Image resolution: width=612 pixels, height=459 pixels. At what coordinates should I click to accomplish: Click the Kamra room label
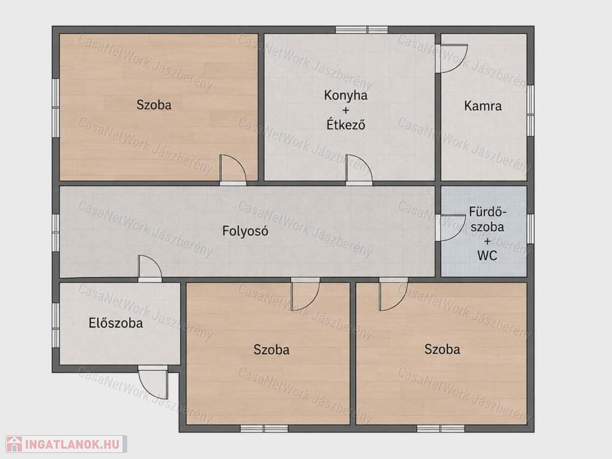click(483, 106)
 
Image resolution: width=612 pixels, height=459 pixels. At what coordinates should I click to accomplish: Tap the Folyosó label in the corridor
click(245, 231)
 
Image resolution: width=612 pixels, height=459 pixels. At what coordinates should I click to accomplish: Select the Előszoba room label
click(116, 323)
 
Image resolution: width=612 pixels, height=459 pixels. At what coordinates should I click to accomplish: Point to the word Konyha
click(345, 95)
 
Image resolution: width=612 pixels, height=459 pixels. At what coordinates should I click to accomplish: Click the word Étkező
click(345, 124)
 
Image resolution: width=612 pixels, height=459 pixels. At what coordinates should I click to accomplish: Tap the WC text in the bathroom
click(487, 256)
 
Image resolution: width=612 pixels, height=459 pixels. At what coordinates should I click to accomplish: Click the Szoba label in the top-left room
click(154, 105)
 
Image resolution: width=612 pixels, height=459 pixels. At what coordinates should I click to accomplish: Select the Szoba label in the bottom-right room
click(442, 349)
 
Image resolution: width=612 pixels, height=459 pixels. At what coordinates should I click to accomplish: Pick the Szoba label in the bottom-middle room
click(271, 349)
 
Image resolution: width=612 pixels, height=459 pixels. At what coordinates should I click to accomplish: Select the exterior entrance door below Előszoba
click(152, 382)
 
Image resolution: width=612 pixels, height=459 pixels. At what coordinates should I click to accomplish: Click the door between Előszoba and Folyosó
click(150, 268)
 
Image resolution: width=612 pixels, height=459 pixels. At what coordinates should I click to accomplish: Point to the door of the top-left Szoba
click(233, 170)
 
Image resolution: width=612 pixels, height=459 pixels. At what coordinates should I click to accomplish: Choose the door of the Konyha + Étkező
click(359, 170)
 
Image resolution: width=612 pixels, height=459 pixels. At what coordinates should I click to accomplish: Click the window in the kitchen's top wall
click(362, 30)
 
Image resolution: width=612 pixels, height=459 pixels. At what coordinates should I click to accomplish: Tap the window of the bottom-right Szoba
click(440, 429)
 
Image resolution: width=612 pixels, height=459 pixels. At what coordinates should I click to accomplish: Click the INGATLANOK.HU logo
click(66, 444)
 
